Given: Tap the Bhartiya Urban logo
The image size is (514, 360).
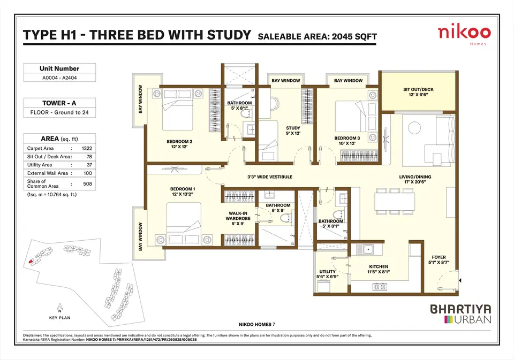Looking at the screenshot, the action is [460, 314].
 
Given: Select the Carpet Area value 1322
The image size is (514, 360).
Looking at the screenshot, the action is [87, 148].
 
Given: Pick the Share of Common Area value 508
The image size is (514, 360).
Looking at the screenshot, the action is [87, 184].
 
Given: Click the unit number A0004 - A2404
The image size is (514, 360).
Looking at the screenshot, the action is [59, 78].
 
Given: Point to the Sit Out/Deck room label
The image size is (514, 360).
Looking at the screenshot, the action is [418, 92].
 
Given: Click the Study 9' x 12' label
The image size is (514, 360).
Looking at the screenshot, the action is [293, 131].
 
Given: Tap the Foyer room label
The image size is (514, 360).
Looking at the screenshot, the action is [439, 260].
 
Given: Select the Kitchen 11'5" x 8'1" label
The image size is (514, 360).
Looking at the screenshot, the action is [379, 269].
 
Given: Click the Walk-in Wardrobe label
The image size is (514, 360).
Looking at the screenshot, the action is [238, 218].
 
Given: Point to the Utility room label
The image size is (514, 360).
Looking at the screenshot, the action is [327, 274].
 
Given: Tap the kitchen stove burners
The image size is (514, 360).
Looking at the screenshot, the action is [380, 287].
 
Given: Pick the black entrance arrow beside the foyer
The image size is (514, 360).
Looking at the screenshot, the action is [460, 281].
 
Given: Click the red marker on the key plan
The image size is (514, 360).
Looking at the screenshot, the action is [31, 262].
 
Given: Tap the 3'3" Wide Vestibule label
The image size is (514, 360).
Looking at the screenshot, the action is [270, 177].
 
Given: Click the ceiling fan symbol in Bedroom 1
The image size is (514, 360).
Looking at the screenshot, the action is [173, 170].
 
